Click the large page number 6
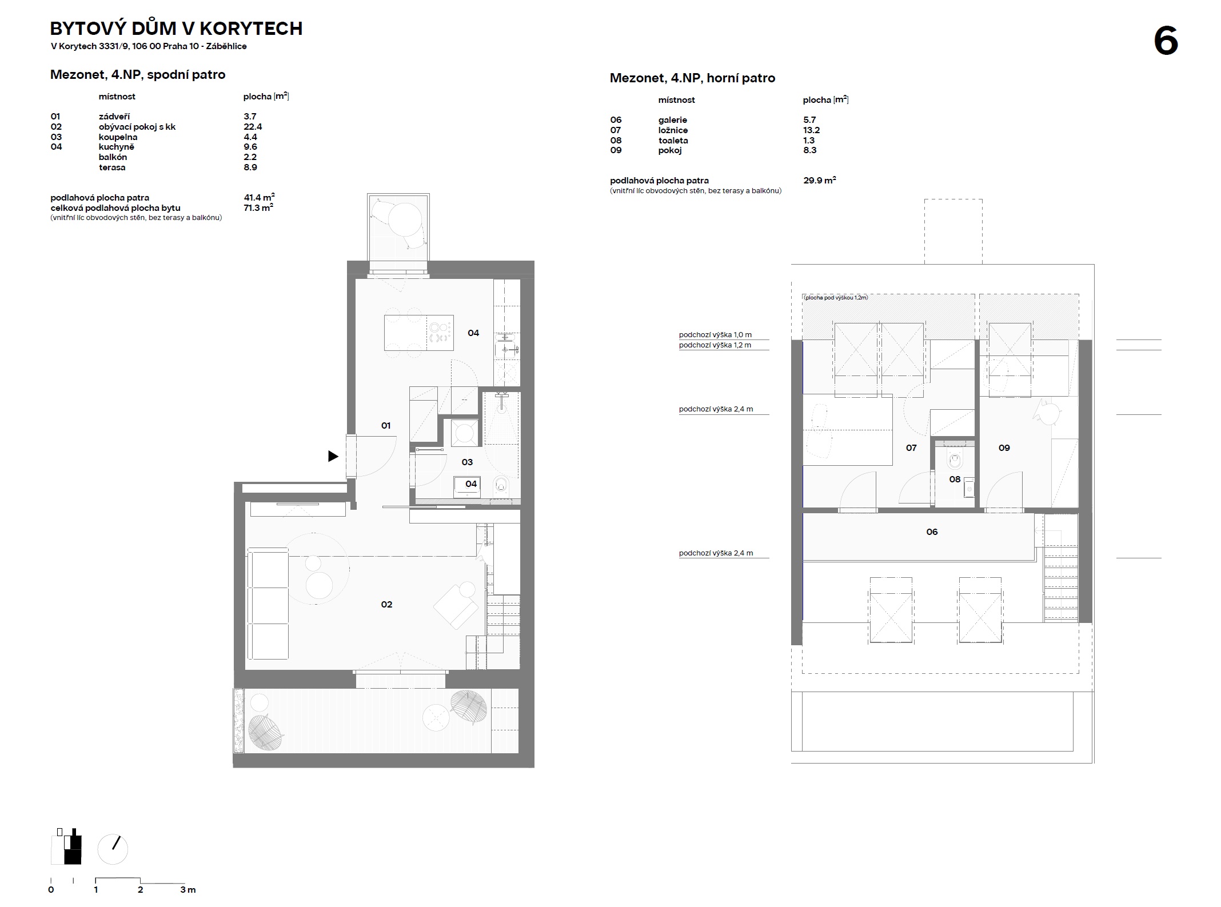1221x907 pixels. (x=1166, y=41)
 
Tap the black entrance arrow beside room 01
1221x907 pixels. (x=333, y=456)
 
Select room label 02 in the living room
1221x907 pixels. (x=386, y=604)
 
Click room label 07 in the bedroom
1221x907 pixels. (x=911, y=448)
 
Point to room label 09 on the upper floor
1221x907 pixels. (x=1004, y=448)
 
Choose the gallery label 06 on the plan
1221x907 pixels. (x=932, y=532)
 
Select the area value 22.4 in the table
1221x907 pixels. (x=253, y=127)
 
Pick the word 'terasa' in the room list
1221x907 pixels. (x=112, y=167)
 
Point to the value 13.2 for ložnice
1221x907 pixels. (x=812, y=130)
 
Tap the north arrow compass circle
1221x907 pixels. (x=113, y=849)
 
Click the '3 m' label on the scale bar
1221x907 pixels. (x=188, y=890)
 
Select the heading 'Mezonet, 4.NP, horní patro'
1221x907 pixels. (x=692, y=78)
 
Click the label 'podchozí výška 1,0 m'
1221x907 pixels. (x=715, y=335)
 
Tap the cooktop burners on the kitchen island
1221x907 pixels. (x=440, y=333)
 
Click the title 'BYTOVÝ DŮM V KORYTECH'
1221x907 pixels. (x=177, y=29)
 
